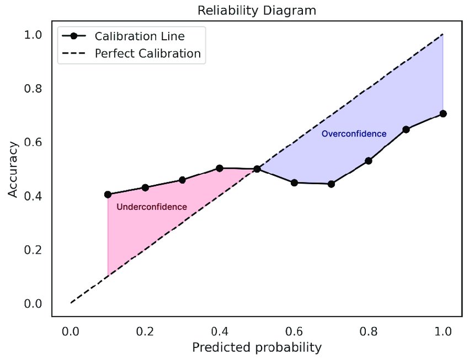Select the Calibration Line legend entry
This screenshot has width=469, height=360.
tap(140, 36)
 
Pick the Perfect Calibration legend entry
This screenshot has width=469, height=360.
tap(147, 54)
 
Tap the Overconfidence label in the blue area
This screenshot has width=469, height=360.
tap(354, 134)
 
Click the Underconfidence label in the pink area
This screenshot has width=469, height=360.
tap(152, 207)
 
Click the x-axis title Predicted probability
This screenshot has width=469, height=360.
tap(257, 347)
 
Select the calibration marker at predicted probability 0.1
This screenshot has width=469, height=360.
tap(108, 195)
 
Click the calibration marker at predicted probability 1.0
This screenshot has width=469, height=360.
tap(443, 114)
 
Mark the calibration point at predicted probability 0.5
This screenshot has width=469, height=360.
tap(257, 169)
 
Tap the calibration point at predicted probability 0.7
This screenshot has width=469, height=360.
tap(331, 184)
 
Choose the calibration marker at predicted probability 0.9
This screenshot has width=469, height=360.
tap(406, 130)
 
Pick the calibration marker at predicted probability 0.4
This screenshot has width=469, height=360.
tap(220, 168)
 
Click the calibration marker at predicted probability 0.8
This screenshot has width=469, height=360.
tap(369, 161)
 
